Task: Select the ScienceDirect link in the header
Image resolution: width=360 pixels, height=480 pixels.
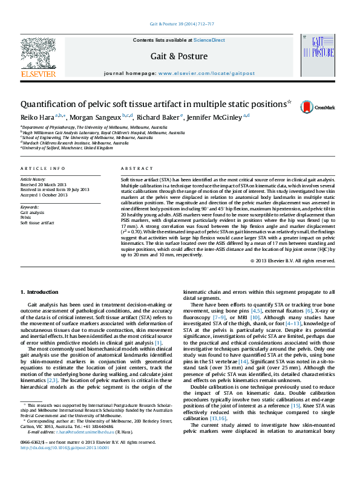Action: (209, 40)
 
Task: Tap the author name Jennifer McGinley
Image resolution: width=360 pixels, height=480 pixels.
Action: (215, 117)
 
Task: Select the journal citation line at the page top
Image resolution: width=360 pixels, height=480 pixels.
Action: (180, 25)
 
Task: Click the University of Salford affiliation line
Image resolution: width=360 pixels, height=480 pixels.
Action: (67, 147)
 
